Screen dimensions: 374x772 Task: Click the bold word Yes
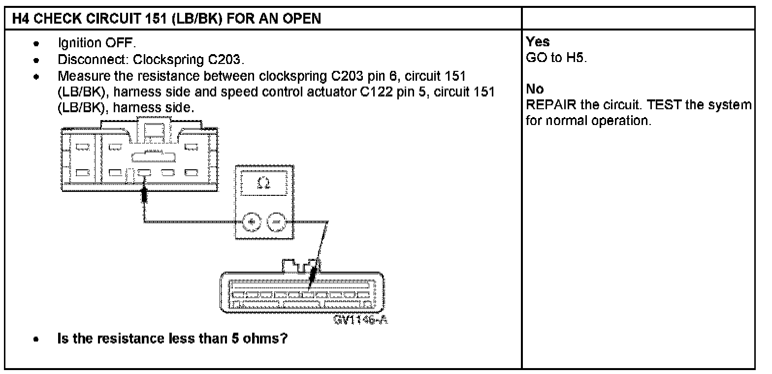tap(538, 42)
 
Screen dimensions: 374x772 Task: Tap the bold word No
tap(535, 90)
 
